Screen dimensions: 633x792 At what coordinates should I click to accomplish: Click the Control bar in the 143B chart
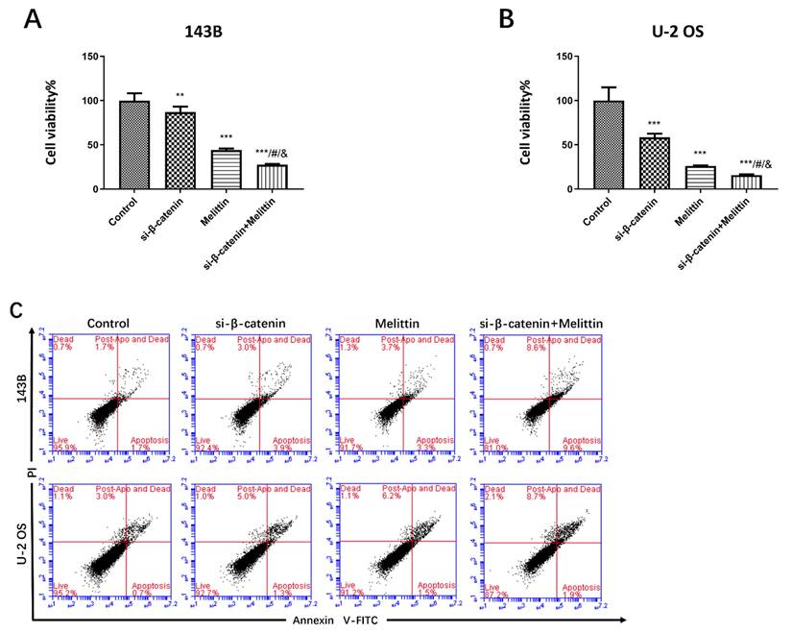point(134,145)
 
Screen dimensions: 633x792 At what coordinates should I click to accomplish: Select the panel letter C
point(16,309)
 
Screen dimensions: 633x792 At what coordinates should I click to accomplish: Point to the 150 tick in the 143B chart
point(92,57)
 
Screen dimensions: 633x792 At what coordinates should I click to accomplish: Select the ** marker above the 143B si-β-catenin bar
point(180,96)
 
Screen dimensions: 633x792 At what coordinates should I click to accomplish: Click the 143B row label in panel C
point(22,397)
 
